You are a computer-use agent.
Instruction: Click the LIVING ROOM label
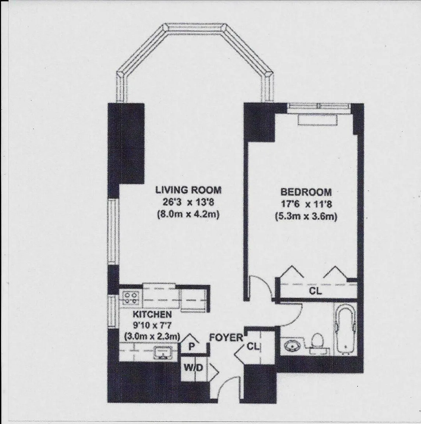(x=188, y=190)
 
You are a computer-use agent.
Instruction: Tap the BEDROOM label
(x=306, y=192)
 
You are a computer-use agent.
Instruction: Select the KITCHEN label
(x=152, y=314)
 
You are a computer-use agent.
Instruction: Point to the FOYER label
(x=226, y=337)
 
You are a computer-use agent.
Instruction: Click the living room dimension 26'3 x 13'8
(x=188, y=202)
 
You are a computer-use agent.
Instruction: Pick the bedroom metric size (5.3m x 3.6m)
(x=306, y=216)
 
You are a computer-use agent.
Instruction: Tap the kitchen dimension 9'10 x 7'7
(x=152, y=325)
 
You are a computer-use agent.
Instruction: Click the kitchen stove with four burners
(x=131, y=297)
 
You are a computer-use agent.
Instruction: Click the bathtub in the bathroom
(x=345, y=328)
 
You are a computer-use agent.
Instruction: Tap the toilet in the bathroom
(x=316, y=342)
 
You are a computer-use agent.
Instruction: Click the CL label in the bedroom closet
(x=315, y=291)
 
